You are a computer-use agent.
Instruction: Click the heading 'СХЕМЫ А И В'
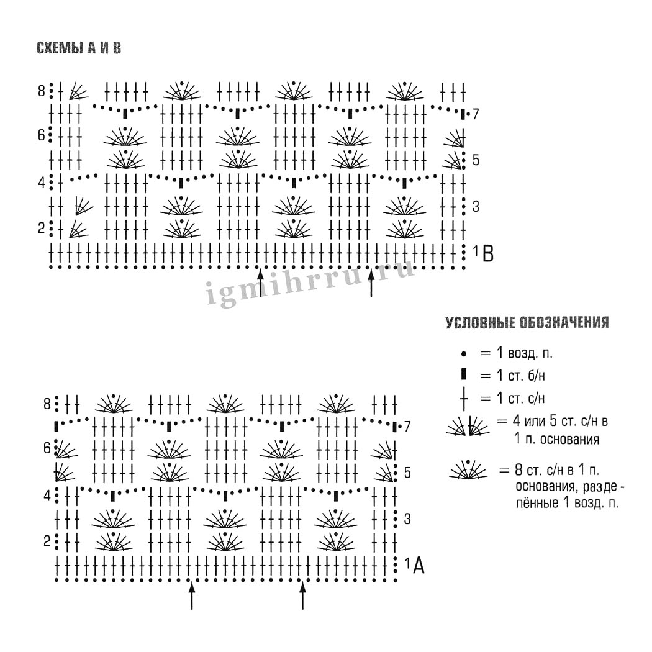(79, 48)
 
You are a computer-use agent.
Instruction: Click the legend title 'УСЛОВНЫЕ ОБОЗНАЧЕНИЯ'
(527, 323)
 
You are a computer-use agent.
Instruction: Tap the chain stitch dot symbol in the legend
(464, 354)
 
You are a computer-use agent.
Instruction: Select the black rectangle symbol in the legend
(464, 375)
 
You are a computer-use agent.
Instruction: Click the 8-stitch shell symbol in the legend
(468, 472)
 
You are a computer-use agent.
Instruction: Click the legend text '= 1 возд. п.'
(516, 353)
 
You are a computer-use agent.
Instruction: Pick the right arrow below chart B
(371, 283)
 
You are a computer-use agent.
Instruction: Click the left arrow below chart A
(191, 595)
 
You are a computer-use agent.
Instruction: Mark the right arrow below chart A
(302, 595)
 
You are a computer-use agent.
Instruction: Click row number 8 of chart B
(42, 92)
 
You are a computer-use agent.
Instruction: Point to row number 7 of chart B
(476, 114)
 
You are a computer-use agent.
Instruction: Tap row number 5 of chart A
(407, 473)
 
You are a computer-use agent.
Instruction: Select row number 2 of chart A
(47, 541)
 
